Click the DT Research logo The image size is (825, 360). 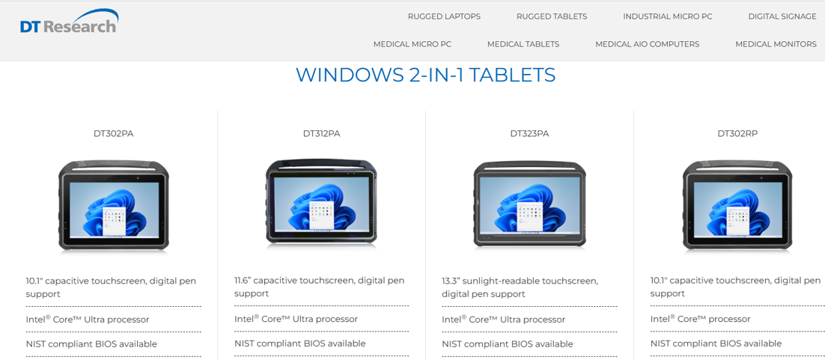pyautogui.click(x=69, y=22)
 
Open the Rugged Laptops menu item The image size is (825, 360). pyautogui.click(x=444, y=16)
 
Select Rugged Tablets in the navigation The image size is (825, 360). pyautogui.click(x=552, y=16)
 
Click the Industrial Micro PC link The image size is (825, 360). pyautogui.click(x=668, y=16)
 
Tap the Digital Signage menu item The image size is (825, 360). pyautogui.click(x=782, y=16)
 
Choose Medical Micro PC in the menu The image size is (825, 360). pyautogui.click(x=412, y=44)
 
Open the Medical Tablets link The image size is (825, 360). pyautogui.click(x=523, y=44)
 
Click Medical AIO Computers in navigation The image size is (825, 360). pyautogui.click(x=647, y=44)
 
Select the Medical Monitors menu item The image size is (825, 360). pyautogui.click(x=776, y=44)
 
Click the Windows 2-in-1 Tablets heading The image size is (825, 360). pyautogui.click(x=426, y=75)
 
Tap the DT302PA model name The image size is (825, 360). pyautogui.click(x=113, y=133)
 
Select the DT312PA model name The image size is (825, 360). pyautogui.click(x=321, y=133)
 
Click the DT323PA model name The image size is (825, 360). pyautogui.click(x=529, y=133)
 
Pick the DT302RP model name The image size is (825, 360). pyautogui.click(x=737, y=133)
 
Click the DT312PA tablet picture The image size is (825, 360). pyautogui.click(x=321, y=202)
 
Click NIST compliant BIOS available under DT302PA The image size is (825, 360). pyautogui.click(x=91, y=344)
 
